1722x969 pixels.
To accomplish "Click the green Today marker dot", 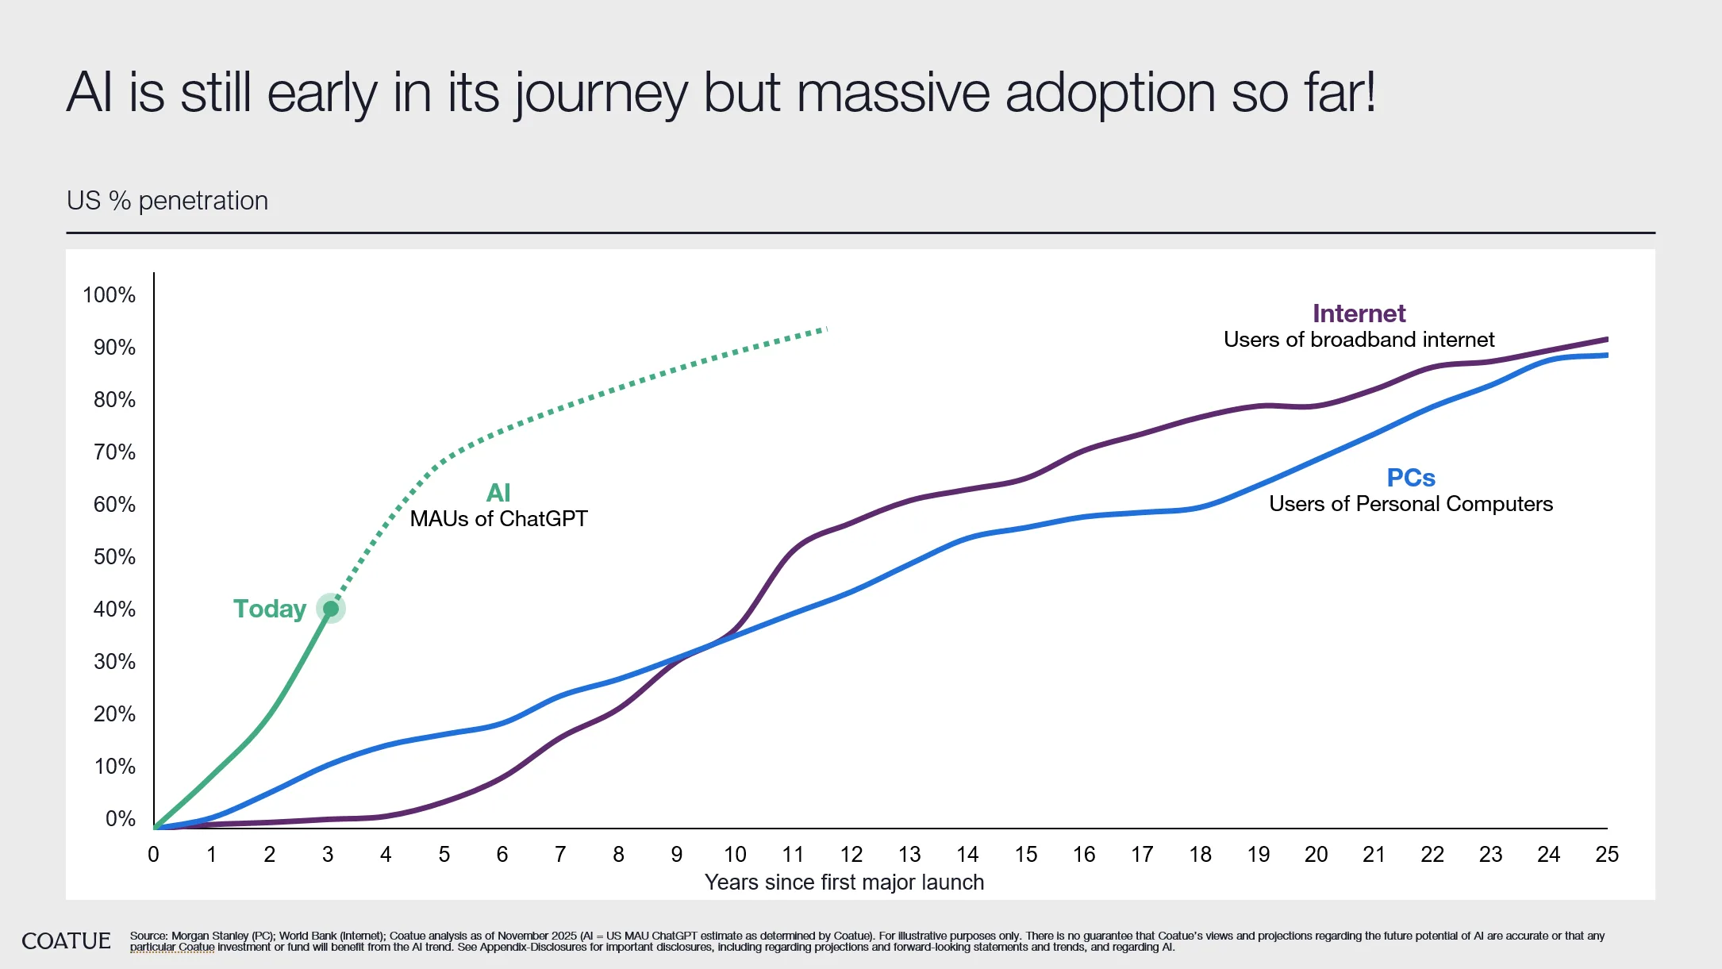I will pos(331,609).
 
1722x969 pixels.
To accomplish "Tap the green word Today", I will pos(269,609).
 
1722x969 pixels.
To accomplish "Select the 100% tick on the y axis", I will pos(109,295).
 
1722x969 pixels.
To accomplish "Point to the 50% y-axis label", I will pos(114,557).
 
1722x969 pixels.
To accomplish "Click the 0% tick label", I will pos(120,819).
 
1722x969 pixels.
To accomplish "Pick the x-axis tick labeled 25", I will pos(1607,855).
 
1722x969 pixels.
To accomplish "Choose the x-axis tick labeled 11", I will pos(793,855).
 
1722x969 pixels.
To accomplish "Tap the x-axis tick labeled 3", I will pos(328,855).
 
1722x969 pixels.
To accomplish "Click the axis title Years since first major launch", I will pos(844,882).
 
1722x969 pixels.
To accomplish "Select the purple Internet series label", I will pos(1359,313).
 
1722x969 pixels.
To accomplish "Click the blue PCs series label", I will pos(1410,478).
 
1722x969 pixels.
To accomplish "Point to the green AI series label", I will pos(498,493).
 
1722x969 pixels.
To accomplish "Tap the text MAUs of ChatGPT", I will pos(498,519).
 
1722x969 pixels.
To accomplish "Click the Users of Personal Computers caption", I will pos(1410,504).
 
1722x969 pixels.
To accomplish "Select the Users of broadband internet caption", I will pos(1359,340).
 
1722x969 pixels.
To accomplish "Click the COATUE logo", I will pos(66,941).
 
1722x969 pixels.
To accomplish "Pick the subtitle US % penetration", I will pos(167,201).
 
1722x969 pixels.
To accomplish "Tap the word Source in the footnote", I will pos(148,936).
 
